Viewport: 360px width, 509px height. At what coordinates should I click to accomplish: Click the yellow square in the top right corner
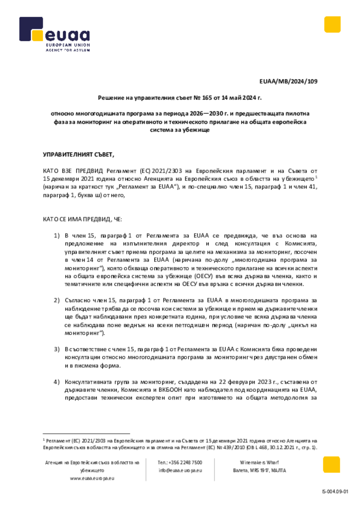coord(332,24)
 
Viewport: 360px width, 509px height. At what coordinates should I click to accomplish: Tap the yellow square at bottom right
coord(331,465)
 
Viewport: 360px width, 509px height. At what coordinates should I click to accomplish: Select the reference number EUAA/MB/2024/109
coord(288,81)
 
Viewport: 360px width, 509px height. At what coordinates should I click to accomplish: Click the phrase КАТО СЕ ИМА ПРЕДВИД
coord(79,219)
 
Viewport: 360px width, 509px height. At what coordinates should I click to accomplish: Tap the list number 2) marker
coord(57,301)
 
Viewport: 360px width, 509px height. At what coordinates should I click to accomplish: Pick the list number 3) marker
coord(57,349)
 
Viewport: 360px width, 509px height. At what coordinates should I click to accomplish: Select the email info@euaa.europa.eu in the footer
coord(180,470)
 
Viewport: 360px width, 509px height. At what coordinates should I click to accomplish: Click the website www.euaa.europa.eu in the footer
coord(92,478)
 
